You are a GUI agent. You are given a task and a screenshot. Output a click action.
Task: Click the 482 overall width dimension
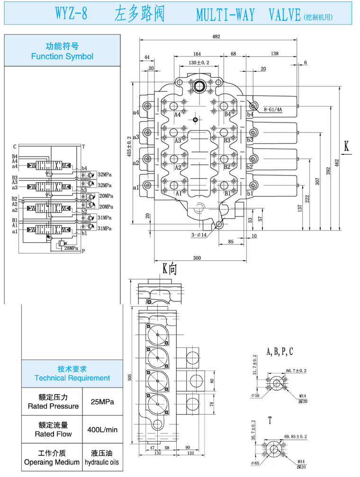tap(216, 37)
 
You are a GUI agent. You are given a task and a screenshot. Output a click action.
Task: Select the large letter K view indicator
tap(346, 147)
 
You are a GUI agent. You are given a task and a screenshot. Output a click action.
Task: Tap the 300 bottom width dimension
tap(197, 258)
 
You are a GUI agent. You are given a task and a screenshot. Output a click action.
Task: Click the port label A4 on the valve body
tap(178, 115)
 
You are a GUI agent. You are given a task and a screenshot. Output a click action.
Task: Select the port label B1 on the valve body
tap(227, 193)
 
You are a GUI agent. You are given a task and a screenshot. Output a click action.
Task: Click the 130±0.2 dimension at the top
tap(198, 62)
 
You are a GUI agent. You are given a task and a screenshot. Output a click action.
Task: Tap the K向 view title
tap(169, 269)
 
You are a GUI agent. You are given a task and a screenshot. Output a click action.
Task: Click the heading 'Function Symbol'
tap(62, 56)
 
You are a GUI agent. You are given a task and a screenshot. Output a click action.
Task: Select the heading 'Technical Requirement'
tap(72, 378)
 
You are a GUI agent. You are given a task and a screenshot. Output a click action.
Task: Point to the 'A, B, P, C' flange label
tap(279, 351)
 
